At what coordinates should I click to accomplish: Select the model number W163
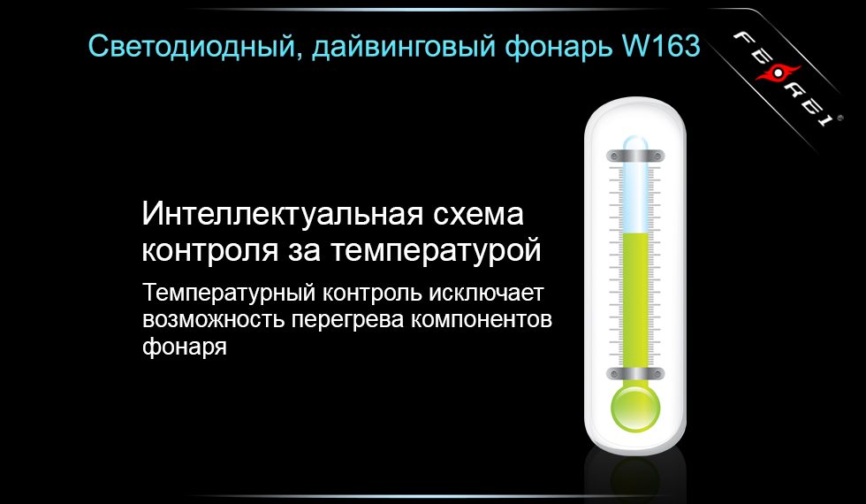(x=662, y=44)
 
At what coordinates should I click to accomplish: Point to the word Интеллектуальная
(x=270, y=215)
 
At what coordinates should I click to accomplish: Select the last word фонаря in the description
(x=185, y=346)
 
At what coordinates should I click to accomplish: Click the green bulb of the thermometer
(x=635, y=408)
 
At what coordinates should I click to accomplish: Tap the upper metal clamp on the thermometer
(x=634, y=157)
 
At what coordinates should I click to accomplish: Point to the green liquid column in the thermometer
(x=635, y=301)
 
